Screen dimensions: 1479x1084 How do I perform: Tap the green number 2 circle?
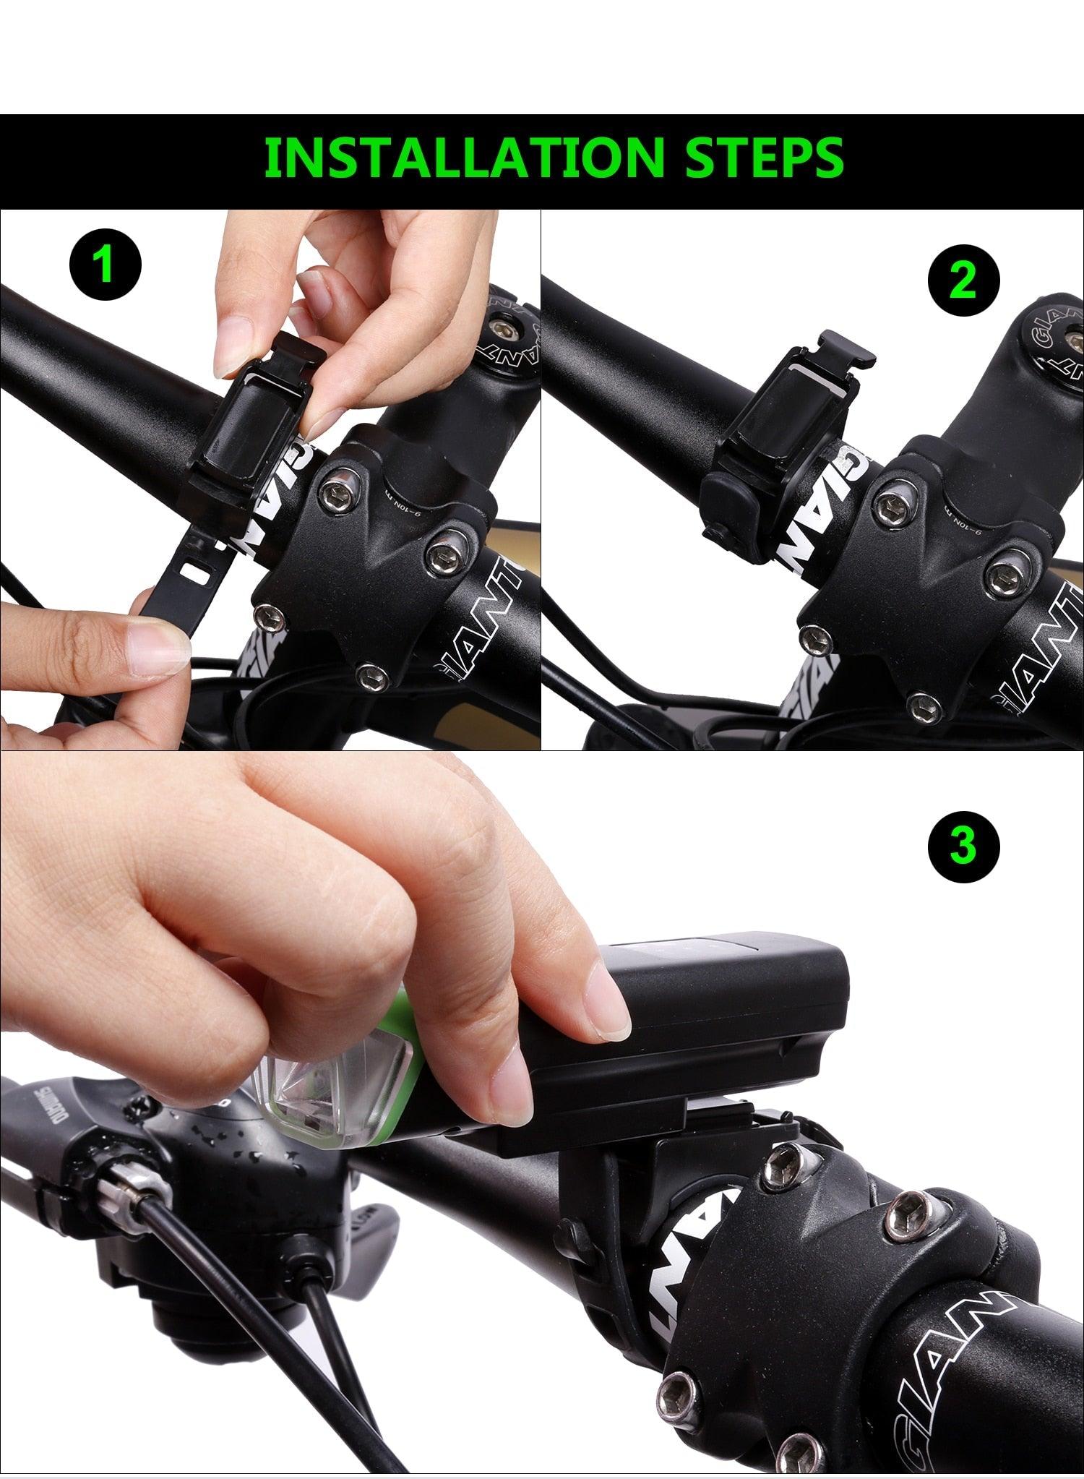[963, 280]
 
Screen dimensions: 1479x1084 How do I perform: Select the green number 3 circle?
[963, 844]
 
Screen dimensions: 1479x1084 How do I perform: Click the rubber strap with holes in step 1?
[184, 571]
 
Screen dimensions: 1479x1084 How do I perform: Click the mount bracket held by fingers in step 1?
[267, 412]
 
